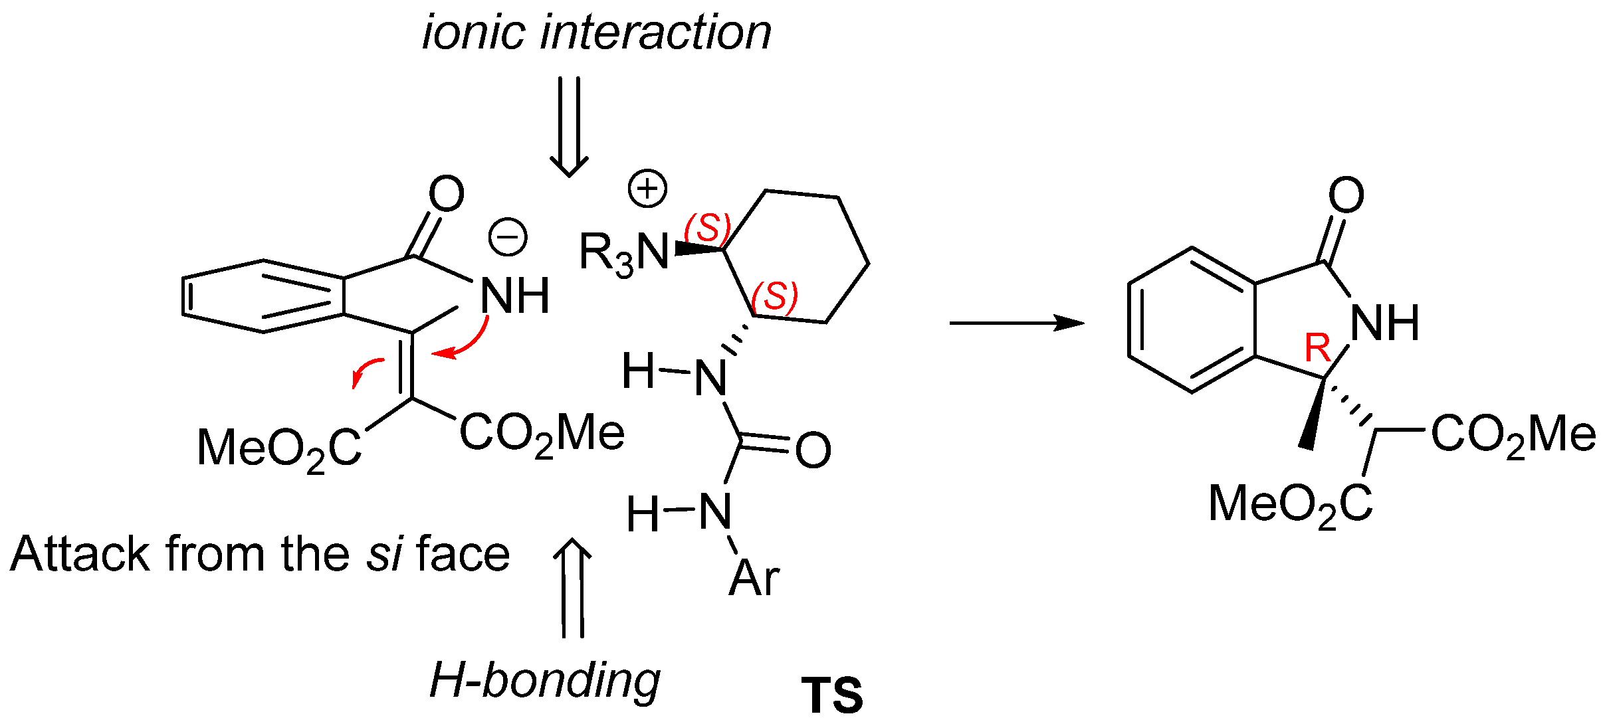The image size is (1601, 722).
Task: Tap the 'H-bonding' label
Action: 544,680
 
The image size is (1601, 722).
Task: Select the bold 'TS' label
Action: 831,695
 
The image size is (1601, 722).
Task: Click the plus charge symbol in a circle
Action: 647,189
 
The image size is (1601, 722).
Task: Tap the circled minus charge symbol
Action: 508,238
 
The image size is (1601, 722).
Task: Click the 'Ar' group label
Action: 754,578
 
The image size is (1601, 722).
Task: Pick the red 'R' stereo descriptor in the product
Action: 1318,347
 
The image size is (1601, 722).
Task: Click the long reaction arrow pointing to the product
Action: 1016,323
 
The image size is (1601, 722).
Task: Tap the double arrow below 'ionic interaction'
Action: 569,126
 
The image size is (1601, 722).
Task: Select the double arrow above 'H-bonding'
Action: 572,587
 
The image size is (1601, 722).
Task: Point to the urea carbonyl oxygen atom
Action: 813,450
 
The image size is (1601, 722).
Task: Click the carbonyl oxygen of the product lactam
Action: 1346,195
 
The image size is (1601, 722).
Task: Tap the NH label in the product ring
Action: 1385,323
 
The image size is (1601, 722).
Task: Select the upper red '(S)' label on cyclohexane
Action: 708,228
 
